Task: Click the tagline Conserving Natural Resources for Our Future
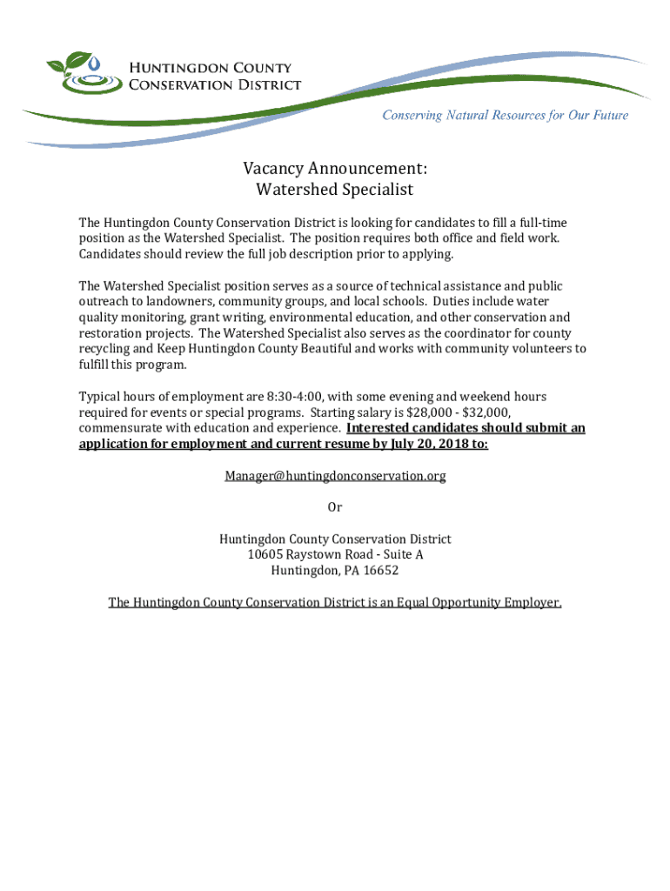506,115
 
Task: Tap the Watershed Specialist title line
335,189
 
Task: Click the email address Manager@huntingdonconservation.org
335,475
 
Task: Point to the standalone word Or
335,507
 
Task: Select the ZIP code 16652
381,571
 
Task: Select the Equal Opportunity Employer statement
335,602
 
